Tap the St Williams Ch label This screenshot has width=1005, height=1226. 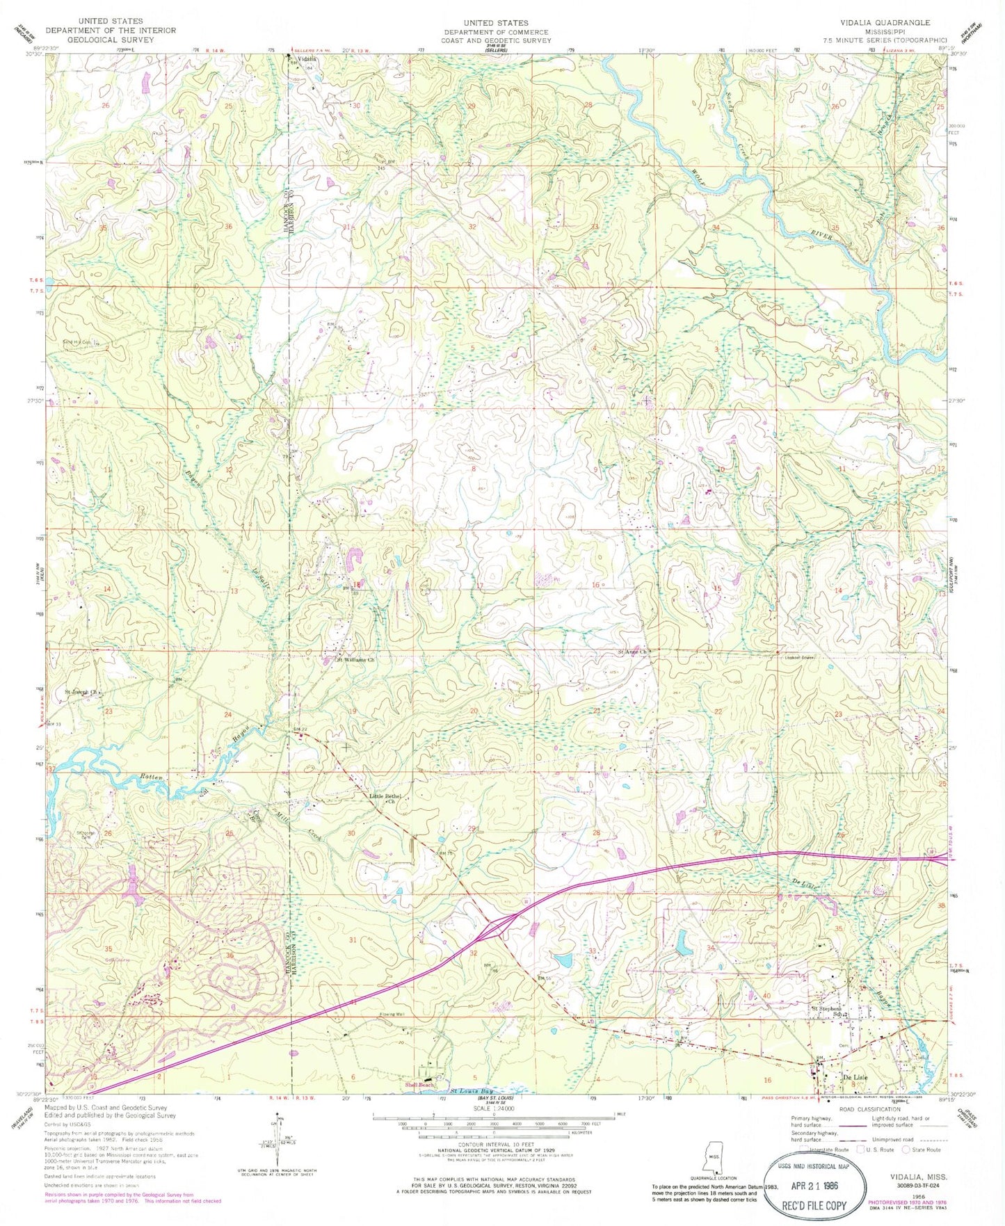click(356, 660)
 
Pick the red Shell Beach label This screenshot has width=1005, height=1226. click(420, 1085)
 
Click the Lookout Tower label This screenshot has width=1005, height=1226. click(795, 656)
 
